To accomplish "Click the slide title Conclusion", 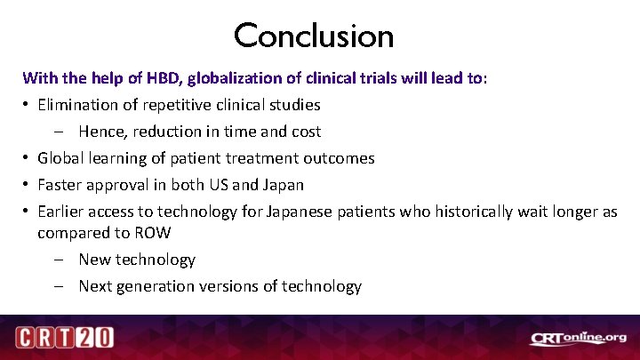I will (x=314, y=36).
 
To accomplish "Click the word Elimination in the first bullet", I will (x=78, y=105).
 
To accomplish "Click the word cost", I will (x=305, y=132).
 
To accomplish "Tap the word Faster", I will (x=61, y=185).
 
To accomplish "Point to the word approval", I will (x=120, y=185).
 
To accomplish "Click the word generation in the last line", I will (x=158, y=286).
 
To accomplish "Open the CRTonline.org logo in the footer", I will (x=579, y=338).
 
